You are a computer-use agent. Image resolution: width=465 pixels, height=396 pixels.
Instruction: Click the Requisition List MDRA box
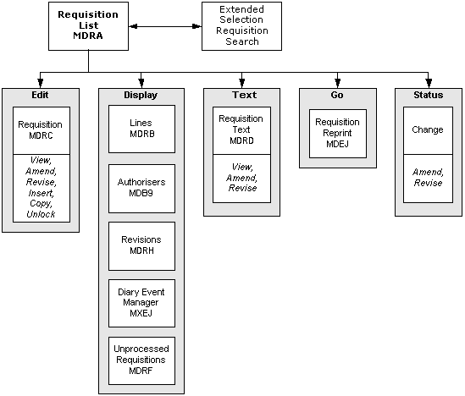88,26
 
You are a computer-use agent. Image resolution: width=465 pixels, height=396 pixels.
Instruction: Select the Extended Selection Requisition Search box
241,26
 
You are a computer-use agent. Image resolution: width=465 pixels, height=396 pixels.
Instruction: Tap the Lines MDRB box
141,129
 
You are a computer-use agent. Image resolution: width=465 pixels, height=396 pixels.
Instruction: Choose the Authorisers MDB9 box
141,189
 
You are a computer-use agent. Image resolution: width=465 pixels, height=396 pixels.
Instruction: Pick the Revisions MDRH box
141,246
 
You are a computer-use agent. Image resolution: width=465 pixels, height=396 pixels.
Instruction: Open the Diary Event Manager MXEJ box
141,303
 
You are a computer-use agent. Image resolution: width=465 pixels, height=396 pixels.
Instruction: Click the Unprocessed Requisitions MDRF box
141,360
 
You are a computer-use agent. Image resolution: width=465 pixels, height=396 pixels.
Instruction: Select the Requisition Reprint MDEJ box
338,134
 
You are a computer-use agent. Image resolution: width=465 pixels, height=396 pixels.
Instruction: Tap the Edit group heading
40,95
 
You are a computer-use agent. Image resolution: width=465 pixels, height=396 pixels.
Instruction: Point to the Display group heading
141,95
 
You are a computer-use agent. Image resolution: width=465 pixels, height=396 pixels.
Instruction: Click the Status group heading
429,95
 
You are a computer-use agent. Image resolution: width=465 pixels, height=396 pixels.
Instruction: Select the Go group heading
337,95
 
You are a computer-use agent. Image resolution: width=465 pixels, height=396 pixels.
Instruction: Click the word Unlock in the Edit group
41,214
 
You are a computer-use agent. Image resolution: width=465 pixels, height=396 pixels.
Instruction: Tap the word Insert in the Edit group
42,193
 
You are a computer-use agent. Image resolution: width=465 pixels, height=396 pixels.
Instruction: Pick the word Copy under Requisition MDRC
41,204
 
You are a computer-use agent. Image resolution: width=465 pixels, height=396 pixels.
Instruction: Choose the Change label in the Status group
428,129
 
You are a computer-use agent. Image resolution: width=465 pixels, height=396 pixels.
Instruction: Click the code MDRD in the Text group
241,140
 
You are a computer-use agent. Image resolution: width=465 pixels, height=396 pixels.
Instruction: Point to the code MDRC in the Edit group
41,135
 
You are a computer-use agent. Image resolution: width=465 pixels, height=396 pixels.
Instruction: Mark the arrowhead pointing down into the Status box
429,83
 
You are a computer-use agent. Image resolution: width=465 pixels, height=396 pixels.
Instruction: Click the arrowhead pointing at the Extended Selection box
197,26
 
